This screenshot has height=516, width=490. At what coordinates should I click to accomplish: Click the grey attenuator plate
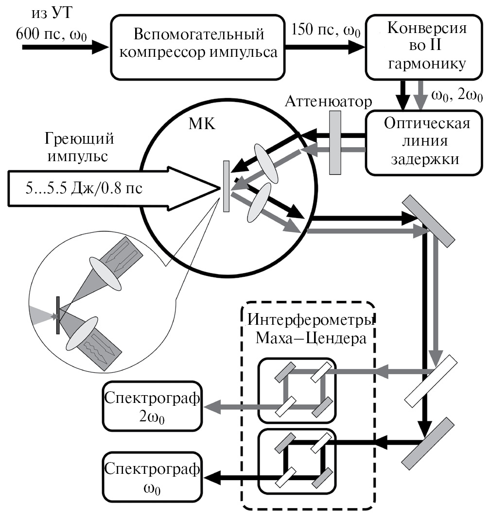click(335, 143)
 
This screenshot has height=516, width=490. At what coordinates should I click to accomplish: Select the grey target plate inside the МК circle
click(226, 186)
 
